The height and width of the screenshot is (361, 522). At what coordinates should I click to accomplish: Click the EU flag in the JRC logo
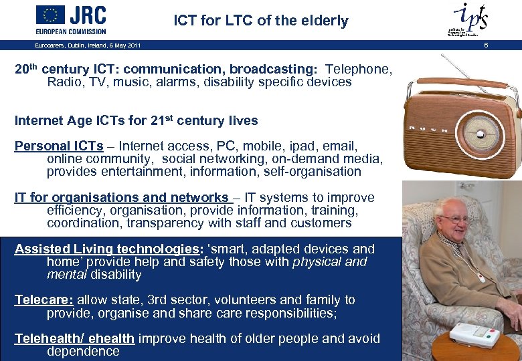pos(50,15)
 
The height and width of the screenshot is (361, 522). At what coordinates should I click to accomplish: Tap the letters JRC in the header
pos(88,15)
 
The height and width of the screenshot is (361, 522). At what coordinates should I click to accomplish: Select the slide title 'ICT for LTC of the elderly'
pos(260,21)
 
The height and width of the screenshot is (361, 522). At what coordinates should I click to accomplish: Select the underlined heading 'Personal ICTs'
pos(59,146)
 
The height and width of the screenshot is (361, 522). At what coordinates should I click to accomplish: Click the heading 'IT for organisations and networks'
pos(122,197)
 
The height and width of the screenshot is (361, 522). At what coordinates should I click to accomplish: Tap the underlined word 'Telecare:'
pos(44,300)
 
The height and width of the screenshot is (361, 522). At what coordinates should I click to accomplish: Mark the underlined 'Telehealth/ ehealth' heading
pos(74,339)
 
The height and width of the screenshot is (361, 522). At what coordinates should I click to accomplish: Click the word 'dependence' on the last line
pos(83,352)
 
